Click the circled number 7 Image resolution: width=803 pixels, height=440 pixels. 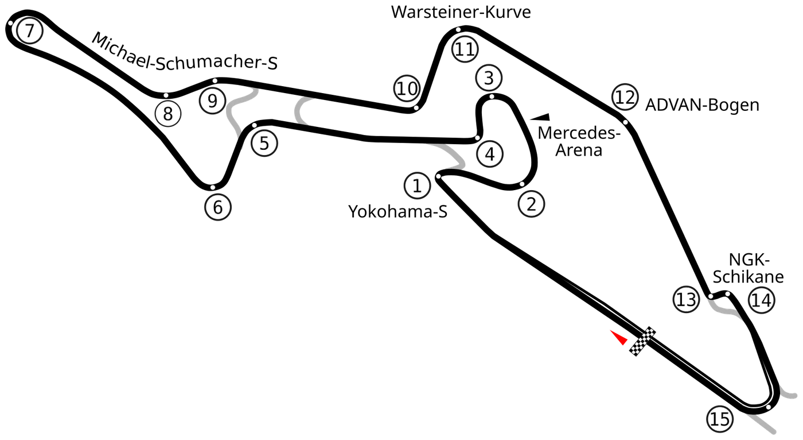point(29,31)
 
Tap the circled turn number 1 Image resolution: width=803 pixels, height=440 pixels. point(417,186)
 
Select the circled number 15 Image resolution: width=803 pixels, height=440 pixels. point(719,419)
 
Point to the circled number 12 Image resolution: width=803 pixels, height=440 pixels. point(625,97)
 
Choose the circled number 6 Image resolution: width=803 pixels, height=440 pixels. point(218,207)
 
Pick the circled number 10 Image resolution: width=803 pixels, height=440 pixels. point(407,88)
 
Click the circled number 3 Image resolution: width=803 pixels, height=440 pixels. point(489,78)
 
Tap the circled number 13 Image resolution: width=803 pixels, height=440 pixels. point(686,299)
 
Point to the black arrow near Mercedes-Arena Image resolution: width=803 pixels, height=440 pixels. point(540,117)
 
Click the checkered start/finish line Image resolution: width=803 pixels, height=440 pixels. point(643,341)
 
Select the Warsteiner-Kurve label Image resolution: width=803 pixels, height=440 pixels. point(461,12)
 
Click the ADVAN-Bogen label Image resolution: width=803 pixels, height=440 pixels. point(702,105)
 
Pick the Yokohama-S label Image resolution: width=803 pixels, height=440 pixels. point(397,211)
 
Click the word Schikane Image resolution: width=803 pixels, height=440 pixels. point(748,277)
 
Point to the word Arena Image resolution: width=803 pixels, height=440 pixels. point(579,150)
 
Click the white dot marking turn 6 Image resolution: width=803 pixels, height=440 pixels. point(213,187)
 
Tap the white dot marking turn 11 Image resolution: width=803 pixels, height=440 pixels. point(458,30)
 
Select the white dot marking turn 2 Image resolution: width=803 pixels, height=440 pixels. point(522,184)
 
